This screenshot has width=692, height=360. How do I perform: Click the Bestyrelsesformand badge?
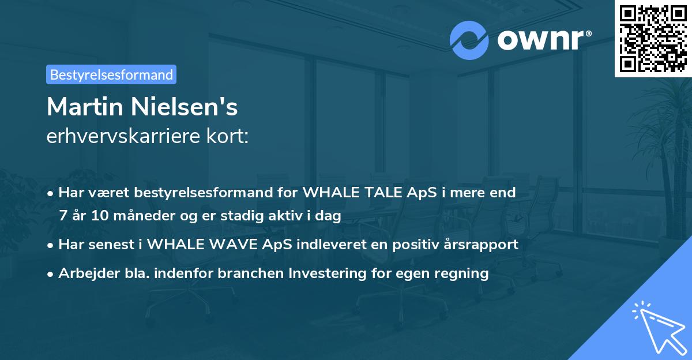111,74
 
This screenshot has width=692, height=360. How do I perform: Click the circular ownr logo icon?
469,40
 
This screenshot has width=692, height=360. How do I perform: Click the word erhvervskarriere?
115,137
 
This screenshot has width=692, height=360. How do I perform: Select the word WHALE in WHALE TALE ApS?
326,193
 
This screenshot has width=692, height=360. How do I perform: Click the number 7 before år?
63,216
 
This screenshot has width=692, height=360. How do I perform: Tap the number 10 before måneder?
96,216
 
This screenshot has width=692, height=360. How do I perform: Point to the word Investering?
325,273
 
